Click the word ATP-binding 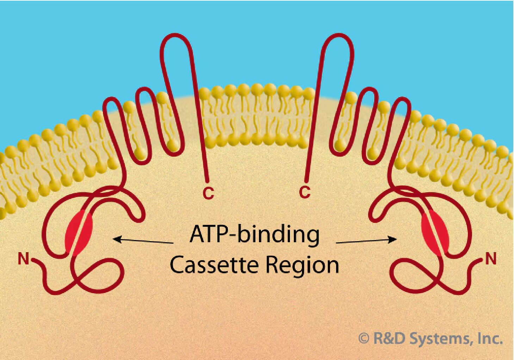[x=254, y=234]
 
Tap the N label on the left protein [x=23, y=259]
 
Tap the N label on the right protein [x=491, y=259]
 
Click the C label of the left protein [x=208, y=193]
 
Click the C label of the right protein [x=305, y=192]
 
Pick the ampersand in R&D [x=389, y=338]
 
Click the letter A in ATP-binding [x=197, y=234]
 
